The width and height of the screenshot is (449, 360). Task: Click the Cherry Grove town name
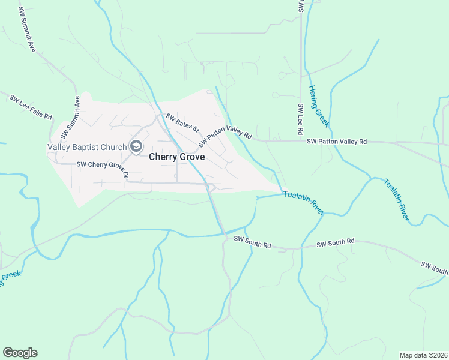(x=176, y=157)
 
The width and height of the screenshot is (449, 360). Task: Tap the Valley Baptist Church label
(x=87, y=147)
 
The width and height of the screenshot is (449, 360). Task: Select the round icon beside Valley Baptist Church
(x=136, y=147)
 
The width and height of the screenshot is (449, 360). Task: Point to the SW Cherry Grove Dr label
(x=103, y=166)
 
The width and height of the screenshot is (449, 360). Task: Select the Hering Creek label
(x=319, y=106)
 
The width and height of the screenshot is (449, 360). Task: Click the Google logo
(x=20, y=353)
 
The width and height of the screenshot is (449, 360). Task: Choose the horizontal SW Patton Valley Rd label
(x=336, y=142)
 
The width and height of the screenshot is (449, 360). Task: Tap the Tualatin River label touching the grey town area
(x=304, y=203)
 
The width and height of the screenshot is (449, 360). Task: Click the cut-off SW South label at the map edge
(x=435, y=268)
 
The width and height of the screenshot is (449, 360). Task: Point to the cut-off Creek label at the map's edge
(x=10, y=280)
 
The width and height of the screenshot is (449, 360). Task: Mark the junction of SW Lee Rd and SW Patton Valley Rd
(x=301, y=142)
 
